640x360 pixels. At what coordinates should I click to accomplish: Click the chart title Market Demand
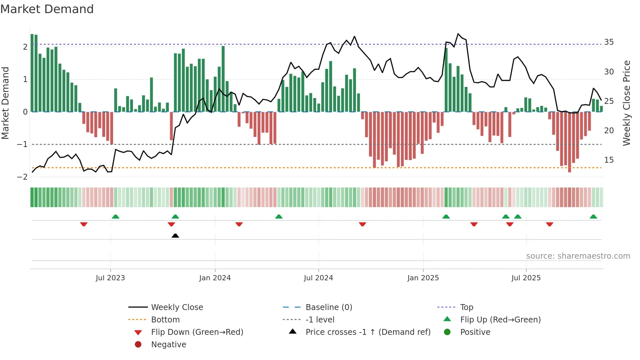coord(47,9)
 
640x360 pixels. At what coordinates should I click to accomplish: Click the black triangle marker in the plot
coord(175,236)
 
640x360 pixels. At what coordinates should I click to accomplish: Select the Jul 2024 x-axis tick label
coord(318,278)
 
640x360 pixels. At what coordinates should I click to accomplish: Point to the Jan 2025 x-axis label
coord(423,278)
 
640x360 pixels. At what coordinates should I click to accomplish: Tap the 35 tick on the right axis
coord(609,42)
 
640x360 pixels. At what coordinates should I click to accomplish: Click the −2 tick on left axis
coord(23,177)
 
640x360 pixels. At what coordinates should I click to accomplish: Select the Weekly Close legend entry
coord(177,307)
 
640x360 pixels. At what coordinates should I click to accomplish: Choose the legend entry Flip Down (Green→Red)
coord(197,332)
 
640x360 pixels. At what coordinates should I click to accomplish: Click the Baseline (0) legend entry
coord(329,307)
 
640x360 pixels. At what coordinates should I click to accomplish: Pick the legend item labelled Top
coord(467,307)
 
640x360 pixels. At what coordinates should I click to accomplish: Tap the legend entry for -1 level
coord(320,320)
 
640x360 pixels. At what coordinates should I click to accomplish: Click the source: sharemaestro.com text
coord(578,256)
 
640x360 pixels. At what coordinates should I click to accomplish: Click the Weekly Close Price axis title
coord(626,103)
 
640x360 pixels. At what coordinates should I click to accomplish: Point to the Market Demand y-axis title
coord(6,103)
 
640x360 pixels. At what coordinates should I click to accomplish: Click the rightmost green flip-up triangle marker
coord(593,217)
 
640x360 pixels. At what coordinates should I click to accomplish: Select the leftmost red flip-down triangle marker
coord(84,224)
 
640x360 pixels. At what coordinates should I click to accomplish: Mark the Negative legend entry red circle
coord(138,345)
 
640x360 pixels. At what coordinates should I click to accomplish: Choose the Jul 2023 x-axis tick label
coord(110,278)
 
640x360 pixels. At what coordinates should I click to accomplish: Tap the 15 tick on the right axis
coord(609,160)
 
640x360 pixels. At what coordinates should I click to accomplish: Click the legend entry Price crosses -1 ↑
coord(368,332)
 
